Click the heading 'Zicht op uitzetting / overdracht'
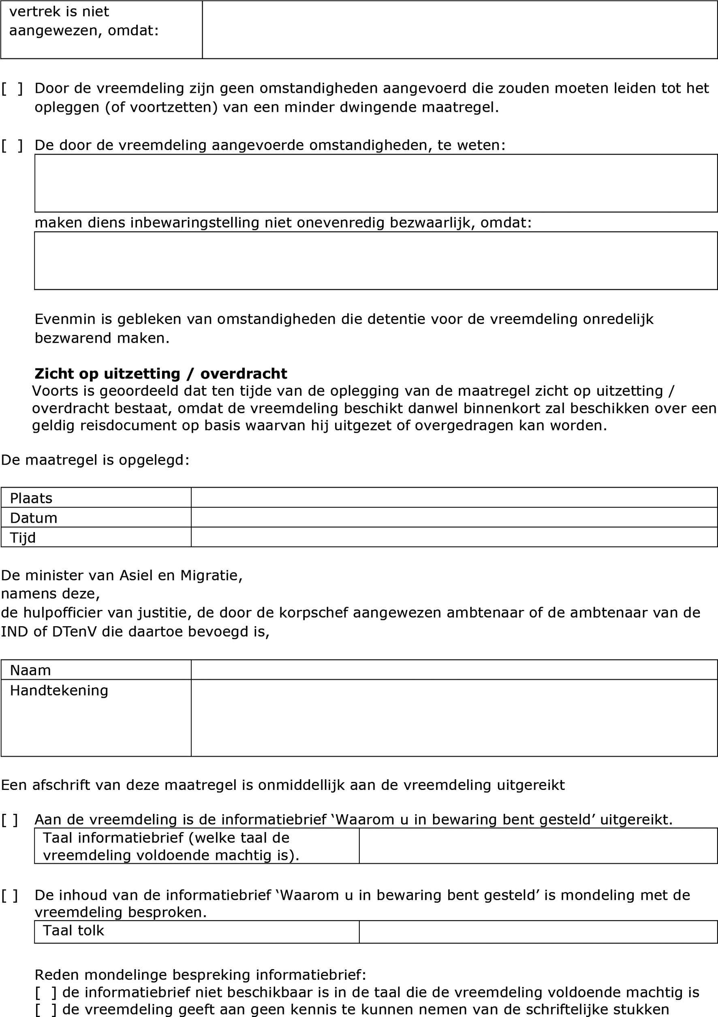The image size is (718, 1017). [x=161, y=373]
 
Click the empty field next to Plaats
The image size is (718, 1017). [x=454, y=498]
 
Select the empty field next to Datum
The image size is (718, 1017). [x=454, y=517]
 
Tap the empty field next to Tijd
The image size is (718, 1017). [x=454, y=537]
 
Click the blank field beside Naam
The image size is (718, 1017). [x=454, y=669]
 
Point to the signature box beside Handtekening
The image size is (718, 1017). [x=454, y=718]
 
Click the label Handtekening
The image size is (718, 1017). [x=59, y=690]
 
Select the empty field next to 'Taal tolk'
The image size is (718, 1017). [x=538, y=932]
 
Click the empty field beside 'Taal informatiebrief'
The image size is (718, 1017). [x=538, y=846]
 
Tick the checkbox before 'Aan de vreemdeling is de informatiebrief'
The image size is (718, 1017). [x=9, y=820]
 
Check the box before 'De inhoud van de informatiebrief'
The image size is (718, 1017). [x=9, y=896]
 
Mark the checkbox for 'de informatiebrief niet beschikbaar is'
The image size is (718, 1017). [x=46, y=993]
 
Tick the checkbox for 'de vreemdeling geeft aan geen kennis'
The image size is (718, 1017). [x=46, y=1009]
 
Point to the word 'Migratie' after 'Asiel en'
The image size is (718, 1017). [x=211, y=575]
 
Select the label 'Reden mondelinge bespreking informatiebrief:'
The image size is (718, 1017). [x=200, y=975]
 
